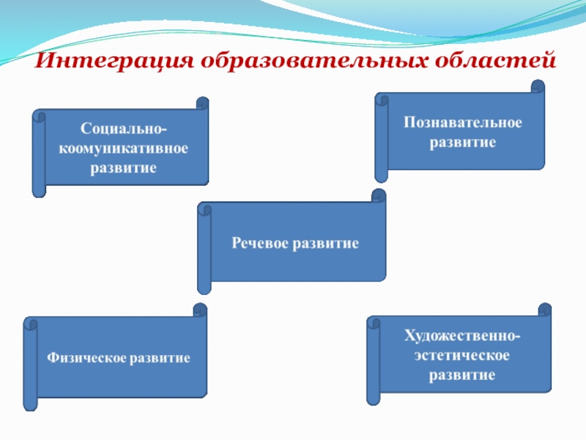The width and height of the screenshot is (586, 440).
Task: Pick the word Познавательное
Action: click(463, 122)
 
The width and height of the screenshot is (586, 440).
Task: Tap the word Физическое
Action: click(86, 359)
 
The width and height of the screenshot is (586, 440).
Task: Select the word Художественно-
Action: click(463, 337)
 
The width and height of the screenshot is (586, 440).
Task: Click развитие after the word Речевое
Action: click(326, 242)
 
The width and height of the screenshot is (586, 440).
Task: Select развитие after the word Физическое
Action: click(160, 359)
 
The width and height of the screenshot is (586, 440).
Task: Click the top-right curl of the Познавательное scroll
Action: click(538, 87)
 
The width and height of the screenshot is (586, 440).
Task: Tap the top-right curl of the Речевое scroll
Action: click(379, 196)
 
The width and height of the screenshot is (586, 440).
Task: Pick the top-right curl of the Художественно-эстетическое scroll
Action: click(544, 310)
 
